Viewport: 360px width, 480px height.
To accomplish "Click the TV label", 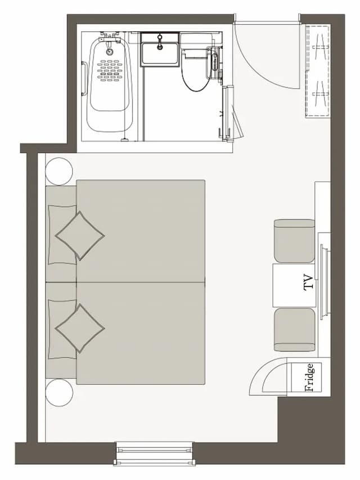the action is [309, 282].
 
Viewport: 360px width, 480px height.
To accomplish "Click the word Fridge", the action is [309, 378].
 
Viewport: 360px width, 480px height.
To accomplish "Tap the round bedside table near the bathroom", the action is [59, 172].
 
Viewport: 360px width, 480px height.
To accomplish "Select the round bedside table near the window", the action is [59, 393].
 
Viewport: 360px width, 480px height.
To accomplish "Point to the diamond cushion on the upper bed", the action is [79, 236].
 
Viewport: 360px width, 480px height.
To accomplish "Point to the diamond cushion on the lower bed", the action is [79, 328].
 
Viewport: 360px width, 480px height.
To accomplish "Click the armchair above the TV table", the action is [294, 241].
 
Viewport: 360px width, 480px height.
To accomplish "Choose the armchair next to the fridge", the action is [294, 330].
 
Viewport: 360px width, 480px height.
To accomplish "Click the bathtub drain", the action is [110, 52].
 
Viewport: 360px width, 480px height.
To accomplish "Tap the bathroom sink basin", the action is [159, 54].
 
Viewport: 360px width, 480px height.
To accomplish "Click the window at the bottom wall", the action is [155, 454].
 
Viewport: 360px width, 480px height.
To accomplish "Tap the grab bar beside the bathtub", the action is [83, 79].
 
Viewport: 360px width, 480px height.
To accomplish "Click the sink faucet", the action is [160, 42].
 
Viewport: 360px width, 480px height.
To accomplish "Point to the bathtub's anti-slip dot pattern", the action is [110, 70].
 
